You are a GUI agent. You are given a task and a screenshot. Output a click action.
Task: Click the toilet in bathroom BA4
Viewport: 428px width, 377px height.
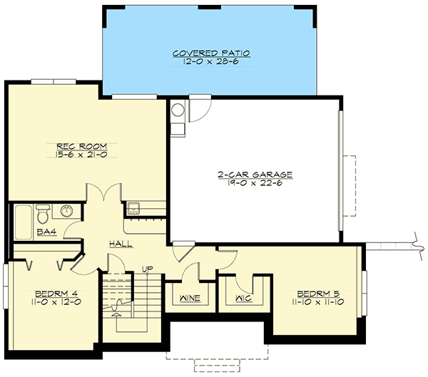43,212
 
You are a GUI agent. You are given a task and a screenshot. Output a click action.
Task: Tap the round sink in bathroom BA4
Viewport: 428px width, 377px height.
66,212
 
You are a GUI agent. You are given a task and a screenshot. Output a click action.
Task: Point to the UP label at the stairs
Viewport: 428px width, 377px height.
148,269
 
